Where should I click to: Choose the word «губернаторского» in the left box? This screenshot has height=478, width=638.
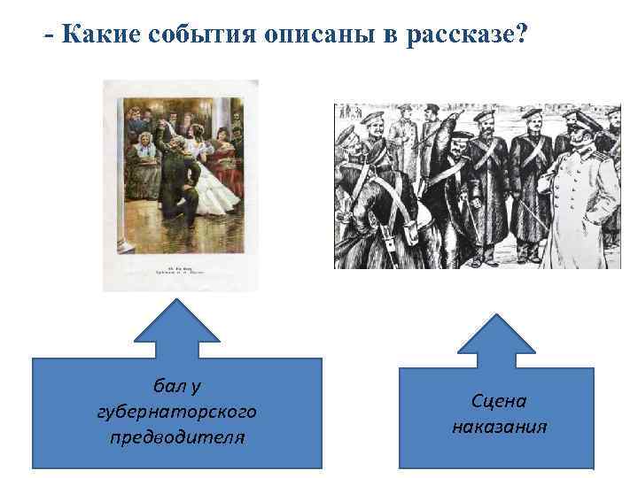pyautogui.click(x=176, y=412)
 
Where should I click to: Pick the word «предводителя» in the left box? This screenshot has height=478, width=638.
pyautogui.click(x=176, y=437)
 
